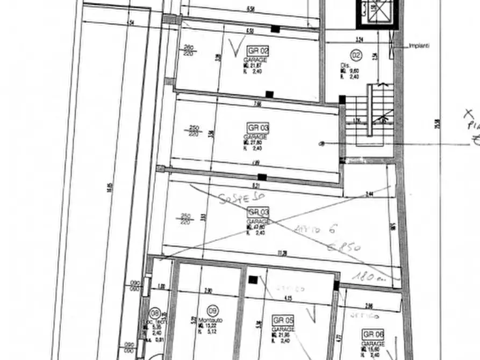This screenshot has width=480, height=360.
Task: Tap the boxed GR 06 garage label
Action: [x=374, y=334]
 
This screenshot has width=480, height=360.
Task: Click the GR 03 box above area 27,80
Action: [x=258, y=128]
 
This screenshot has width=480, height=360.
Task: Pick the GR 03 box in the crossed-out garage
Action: [x=258, y=213]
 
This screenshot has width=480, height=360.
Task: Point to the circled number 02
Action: [x=355, y=54]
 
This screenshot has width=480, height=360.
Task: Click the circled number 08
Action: [x=155, y=312]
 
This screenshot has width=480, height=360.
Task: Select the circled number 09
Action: [x=213, y=310]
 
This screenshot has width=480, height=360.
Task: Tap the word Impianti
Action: [x=419, y=46]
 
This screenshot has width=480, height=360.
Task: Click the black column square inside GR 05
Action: [x=253, y=280]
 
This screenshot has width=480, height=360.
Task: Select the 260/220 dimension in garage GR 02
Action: [x=189, y=49]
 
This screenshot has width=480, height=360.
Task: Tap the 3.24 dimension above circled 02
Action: [x=360, y=39]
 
